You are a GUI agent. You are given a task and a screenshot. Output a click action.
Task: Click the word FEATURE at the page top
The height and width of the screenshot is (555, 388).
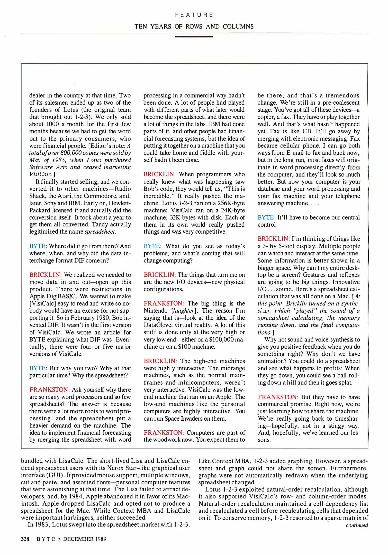point(194,15)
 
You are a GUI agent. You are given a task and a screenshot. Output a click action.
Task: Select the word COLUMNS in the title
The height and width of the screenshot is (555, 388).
point(238,26)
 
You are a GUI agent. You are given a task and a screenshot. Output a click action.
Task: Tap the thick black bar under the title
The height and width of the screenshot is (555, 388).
point(194,37)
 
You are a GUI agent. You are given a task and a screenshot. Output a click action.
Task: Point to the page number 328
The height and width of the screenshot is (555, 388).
point(25,539)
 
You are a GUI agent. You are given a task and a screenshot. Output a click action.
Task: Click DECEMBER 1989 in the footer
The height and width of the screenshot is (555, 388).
point(85,539)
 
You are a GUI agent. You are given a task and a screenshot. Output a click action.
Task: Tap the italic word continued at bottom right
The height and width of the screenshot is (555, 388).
point(357,525)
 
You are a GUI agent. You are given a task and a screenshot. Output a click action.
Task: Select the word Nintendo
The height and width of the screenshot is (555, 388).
point(156,311)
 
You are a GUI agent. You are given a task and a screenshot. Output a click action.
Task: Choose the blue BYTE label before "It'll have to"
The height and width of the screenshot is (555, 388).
point(266,218)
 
